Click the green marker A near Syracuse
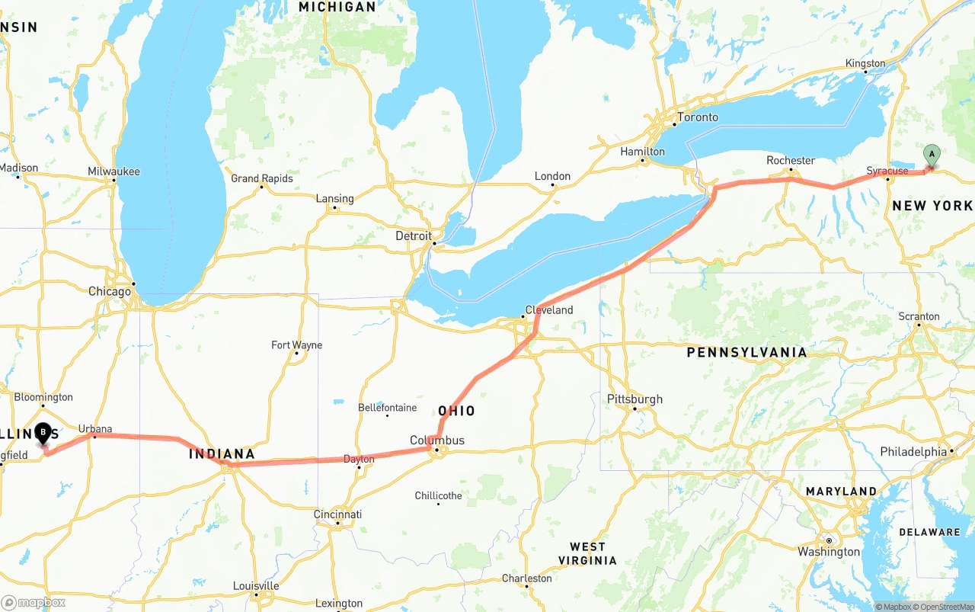(931, 155)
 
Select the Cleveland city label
(548, 310)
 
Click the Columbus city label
(436, 441)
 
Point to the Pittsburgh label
(635, 399)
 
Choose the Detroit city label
(414, 236)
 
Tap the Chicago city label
(110, 292)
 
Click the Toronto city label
(697, 117)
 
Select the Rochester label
(791, 161)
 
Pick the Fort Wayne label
(296, 345)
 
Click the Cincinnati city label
(337, 514)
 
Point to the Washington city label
(829, 552)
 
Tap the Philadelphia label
(913, 452)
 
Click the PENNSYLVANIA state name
(746, 352)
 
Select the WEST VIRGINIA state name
(587, 553)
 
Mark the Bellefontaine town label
(387, 408)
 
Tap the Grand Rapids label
(261, 178)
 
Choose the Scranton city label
(919, 316)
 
